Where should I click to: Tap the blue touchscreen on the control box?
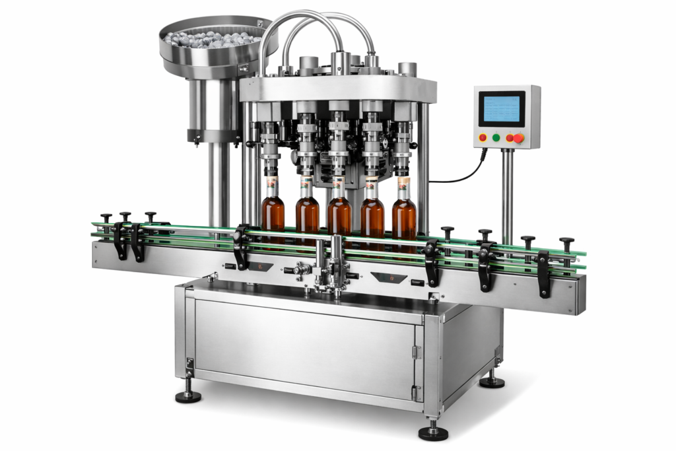click(502, 110)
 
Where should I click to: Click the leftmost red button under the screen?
click(483, 138)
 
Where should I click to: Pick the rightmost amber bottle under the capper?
click(404, 215)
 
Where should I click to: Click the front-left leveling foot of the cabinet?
click(188, 395)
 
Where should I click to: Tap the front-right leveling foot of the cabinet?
click(433, 432)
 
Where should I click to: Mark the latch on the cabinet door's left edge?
click(190, 364)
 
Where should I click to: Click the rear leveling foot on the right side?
click(492, 380)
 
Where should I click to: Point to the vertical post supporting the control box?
click(507, 191)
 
